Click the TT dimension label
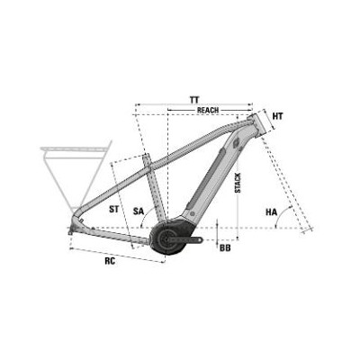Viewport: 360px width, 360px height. pyautogui.click(x=194, y=98)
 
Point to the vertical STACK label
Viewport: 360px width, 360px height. pyautogui.click(x=237, y=184)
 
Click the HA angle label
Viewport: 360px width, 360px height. pyautogui.click(x=271, y=212)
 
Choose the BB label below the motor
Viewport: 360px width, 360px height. pyautogui.click(x=224, y=247)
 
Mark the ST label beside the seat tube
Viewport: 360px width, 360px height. pyautogui.click(x=113, y=208)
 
